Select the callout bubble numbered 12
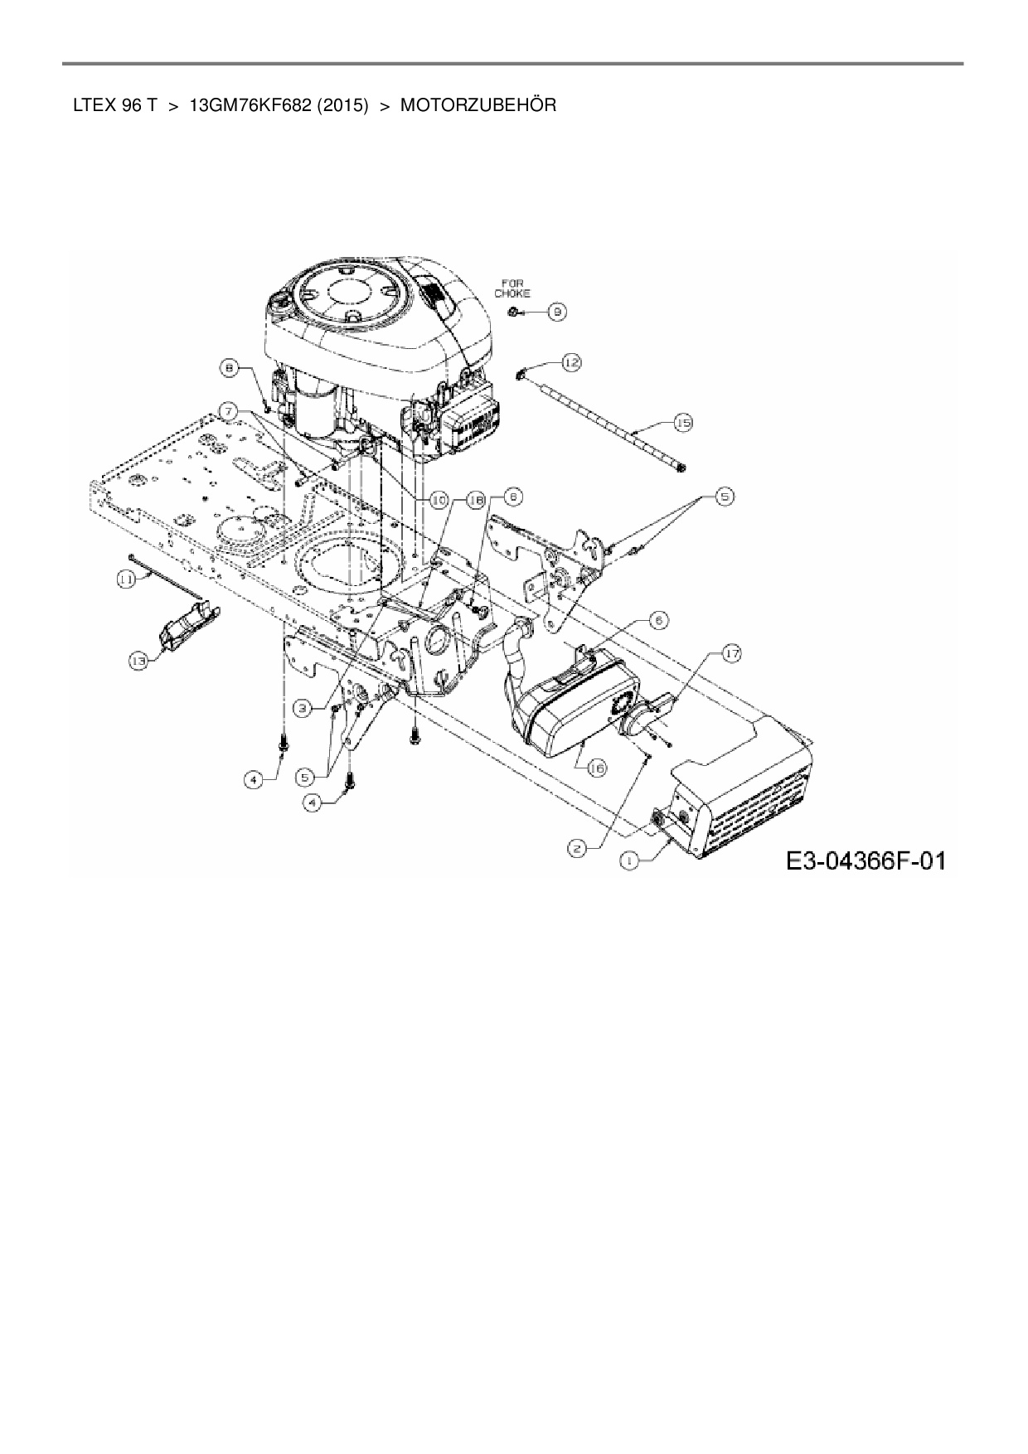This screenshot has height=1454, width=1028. coord(571,361)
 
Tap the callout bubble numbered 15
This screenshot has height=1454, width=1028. coord(682,423)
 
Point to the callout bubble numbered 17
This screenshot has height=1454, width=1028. coord(730,654)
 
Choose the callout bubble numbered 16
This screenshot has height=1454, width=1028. coord(597,768)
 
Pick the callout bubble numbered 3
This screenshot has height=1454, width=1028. coord(303,708)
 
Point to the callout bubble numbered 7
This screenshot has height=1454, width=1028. coord(230,410)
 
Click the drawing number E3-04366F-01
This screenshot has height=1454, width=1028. coord(866,860)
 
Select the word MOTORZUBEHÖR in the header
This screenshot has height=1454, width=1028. coord(478,105)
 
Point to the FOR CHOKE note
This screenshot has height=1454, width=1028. coord(512,288)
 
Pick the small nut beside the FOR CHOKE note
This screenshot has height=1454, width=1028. coord(515,311)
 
